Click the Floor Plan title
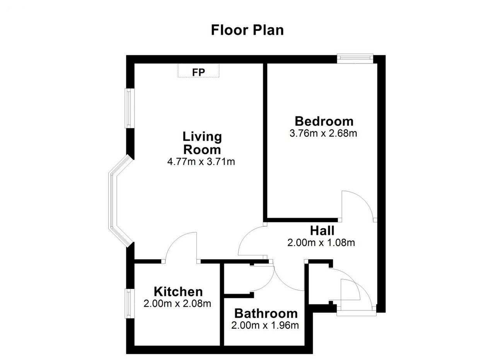coord(247,30)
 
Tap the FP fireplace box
coord(198,70)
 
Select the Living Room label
coord(202,143)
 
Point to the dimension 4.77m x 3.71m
coord(201,162)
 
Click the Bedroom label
coord(324,121)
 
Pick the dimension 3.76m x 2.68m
coord(323,133)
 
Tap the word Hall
coord(322,231)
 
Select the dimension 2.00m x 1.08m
coord(321,243)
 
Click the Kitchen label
coord(178,292)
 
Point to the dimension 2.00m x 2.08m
coord(177,304)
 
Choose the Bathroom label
coord(266,313)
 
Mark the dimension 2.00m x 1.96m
coord(265,325)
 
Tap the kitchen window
coord(130,304)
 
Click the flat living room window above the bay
coord(130,108)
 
